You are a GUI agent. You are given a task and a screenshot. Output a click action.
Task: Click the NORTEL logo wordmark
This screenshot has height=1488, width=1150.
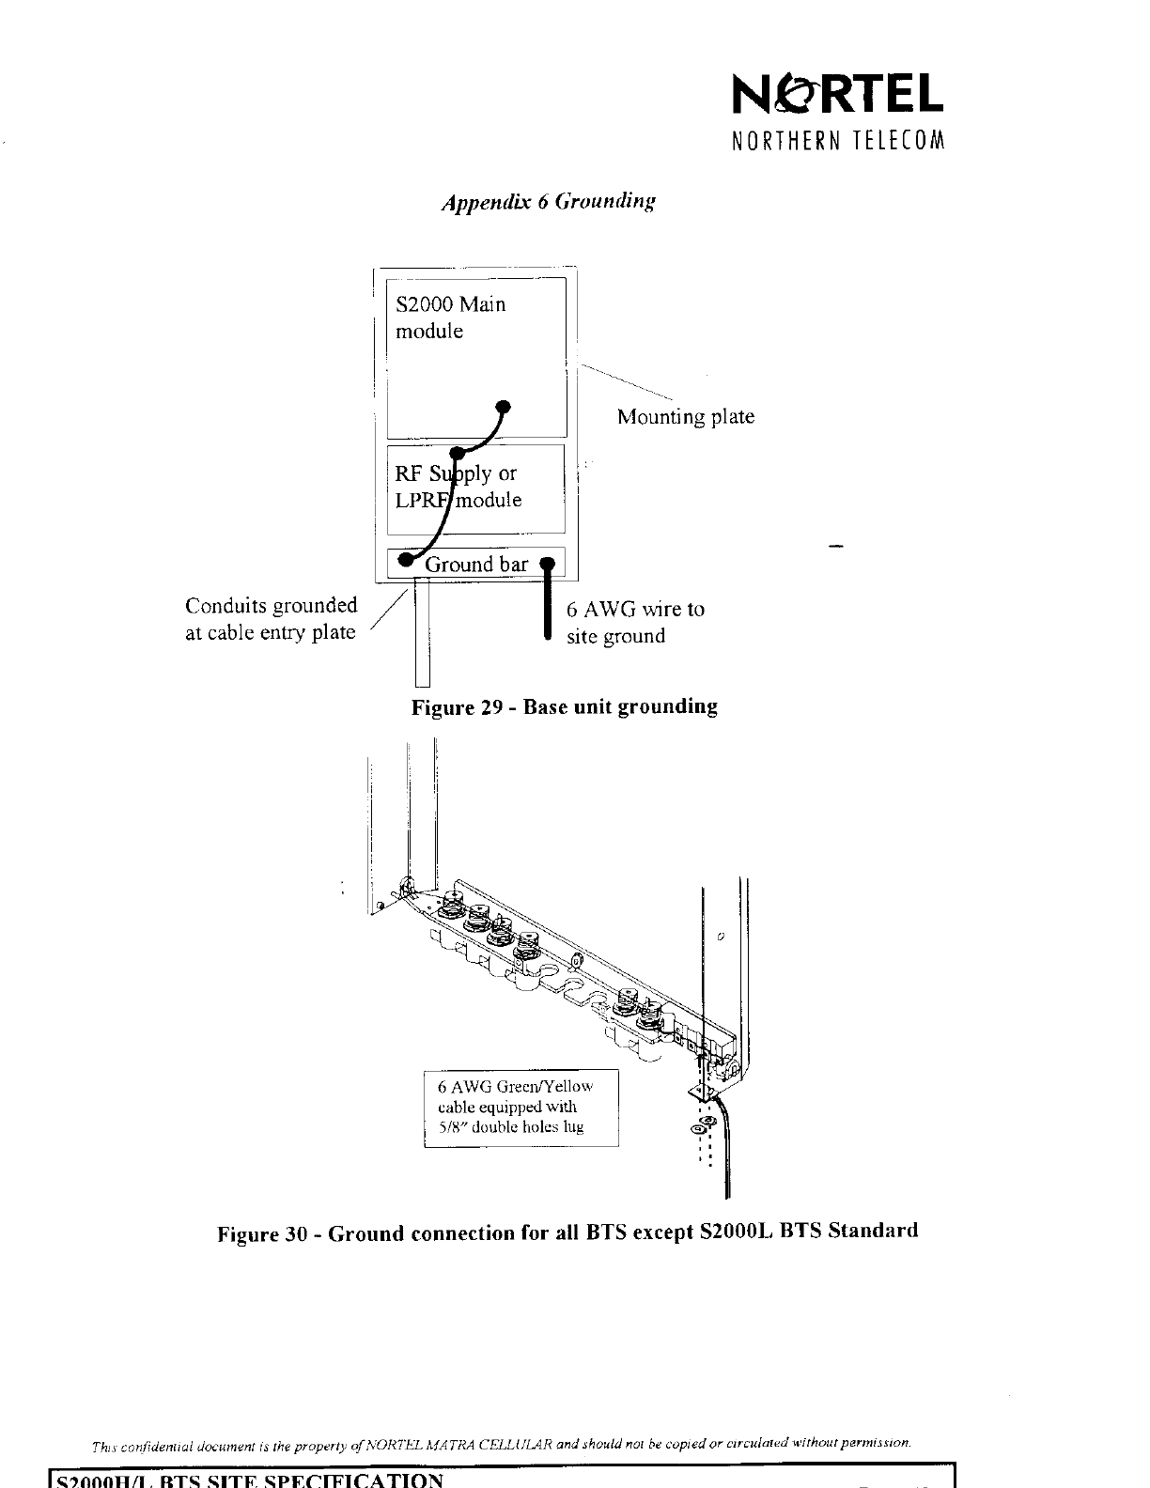coord(837,94)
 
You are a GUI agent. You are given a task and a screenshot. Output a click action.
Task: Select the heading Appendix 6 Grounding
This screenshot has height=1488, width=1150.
coord(548,202)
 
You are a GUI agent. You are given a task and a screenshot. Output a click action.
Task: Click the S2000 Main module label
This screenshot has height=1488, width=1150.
coord(450,318)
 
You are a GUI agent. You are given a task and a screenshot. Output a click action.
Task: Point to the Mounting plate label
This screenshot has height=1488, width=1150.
coord(685,417)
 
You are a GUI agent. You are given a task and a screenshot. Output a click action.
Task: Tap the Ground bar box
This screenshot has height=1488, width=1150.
coord(476,564)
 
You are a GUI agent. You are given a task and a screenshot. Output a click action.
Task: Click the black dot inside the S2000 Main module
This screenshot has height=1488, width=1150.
coord(504,407)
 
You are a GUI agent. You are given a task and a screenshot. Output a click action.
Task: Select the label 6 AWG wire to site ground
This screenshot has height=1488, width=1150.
coord(634,622)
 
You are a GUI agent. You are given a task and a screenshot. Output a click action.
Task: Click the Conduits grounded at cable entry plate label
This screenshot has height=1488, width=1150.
coord(271,618)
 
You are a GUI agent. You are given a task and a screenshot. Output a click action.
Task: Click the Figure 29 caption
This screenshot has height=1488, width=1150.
coord(564,706)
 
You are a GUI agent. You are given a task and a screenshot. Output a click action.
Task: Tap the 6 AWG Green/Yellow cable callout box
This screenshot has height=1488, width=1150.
coord(521,1108)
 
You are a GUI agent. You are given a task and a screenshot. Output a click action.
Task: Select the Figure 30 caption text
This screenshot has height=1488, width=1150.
coord(567,1232)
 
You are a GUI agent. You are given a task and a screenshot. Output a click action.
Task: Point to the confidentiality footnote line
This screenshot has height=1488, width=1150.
coord(501,1442)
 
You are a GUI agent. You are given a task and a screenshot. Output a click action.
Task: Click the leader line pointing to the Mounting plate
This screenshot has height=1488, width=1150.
coord(625,380)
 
